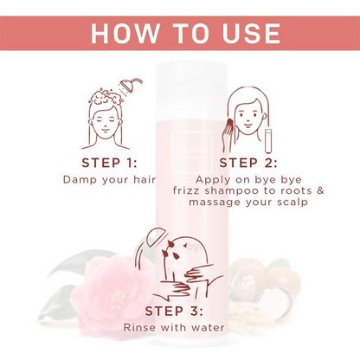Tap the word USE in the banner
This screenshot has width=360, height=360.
tap(251, 33)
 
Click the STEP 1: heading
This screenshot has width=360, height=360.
tap(109, 163)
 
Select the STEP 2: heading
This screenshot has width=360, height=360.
tap(248, 163)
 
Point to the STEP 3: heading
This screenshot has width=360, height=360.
tap(174, 311)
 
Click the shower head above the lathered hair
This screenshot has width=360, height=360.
tap(129, 86)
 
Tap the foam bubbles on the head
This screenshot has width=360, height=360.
tap(106, 97)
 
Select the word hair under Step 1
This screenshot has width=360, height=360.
tap(145, 179)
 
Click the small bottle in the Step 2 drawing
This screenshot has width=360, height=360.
tap(269, 141)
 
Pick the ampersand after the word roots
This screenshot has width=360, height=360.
tap(320, 190)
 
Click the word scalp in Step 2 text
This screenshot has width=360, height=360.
tap(292, 202)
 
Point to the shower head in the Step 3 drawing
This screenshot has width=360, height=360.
tap(155, 235)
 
